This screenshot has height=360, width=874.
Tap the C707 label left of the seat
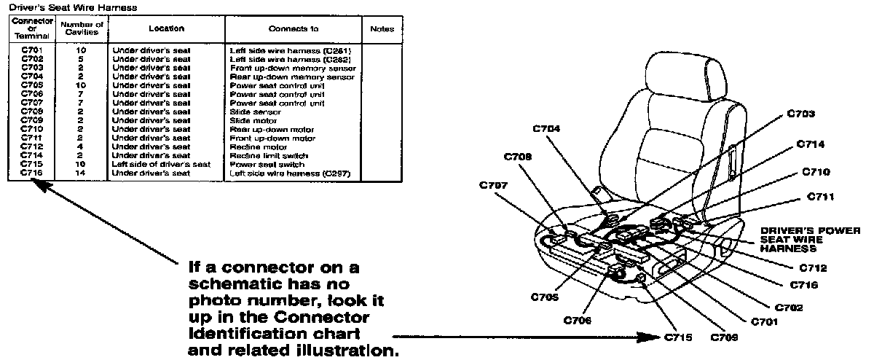[495, 184]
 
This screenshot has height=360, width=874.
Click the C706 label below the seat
[578, 320]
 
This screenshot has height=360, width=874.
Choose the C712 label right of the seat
[813, 268]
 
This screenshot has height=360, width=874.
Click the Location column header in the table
[166, 28]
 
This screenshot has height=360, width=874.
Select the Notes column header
[382, 29]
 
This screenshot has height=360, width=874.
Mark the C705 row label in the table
[32, 85]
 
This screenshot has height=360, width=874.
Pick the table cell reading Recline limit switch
[269, 156]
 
